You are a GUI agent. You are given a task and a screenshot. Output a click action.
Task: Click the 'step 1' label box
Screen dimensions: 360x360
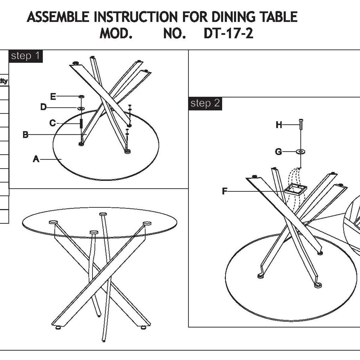pyautogui.click(x=25, y=56)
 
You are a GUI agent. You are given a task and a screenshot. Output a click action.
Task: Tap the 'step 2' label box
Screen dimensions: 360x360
pyautogui.click(x=205, y=103)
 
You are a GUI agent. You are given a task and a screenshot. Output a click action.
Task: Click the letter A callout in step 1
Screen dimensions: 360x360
pyautogui.click(x=36, y=159)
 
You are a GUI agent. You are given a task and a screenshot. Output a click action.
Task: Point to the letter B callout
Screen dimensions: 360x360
pyautogui.click(x=25, y=135)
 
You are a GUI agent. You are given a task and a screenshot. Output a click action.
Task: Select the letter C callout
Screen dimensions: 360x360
pyautogui.click(x=52, y=123)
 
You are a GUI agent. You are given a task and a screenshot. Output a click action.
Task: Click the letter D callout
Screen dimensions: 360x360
pyautogui.click(x=43, y=107)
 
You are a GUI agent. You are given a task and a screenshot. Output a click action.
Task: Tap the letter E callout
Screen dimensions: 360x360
pyautogui.click(x=53, y=97)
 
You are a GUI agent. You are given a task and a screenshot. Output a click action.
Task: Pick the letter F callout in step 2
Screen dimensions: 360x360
pyautogui.click(x=224, y=191)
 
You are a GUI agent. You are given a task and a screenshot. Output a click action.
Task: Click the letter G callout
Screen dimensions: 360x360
pyautogui.click(x=278, y=152)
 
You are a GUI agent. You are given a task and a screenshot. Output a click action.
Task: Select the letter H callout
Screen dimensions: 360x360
pyautogui.click(x=279, y=125)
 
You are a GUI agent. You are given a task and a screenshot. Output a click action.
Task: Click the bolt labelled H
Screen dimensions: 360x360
pyautogui.click(x=301, y=124)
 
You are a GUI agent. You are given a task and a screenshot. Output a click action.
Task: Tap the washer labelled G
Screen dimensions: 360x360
pyautogui.click(x=301, y=152)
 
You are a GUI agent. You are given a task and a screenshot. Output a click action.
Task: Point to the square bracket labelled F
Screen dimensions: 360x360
pyautogui.click(x=295, y=190)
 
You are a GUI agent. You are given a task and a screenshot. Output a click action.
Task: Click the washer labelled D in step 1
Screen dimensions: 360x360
pyautogui.click(x=81, y=108)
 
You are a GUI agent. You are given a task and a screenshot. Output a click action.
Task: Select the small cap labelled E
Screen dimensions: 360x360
pyautogui.click(x=81, y=97)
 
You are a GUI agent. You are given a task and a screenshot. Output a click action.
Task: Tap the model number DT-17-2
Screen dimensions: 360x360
pyautogui.click(x=228, y=34)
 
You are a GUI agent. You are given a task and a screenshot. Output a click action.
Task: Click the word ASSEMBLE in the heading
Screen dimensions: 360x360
pyautogui.click(x=58, y=17)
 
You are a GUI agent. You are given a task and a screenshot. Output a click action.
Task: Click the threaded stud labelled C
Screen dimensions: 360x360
pyautogui.click(x=81, y=123)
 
